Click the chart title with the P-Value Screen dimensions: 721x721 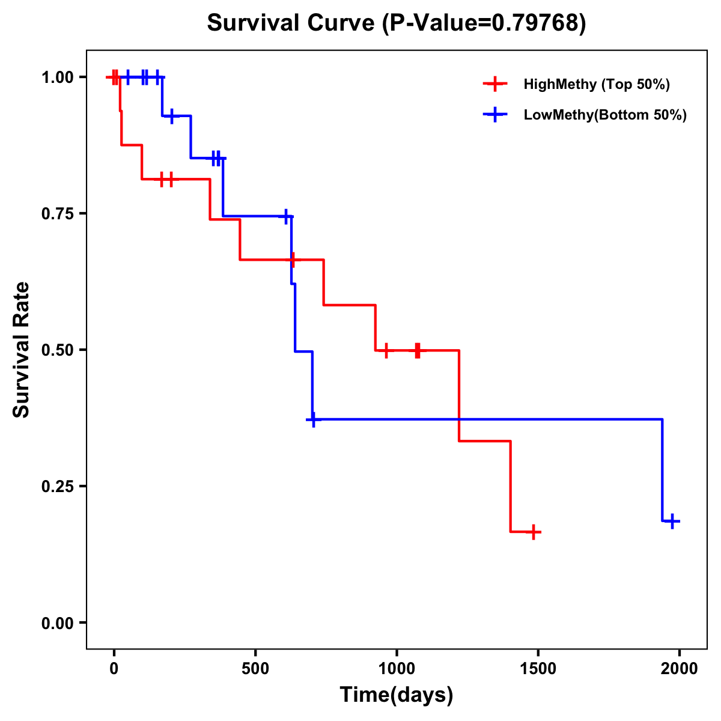coord(396,23)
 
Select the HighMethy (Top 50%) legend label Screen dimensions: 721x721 coord(596,84)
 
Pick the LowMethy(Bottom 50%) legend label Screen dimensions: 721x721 coord(604,115)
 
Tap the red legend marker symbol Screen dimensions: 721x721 coord(494,84)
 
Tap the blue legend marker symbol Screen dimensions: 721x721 coord(494,115)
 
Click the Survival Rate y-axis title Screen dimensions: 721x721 coord(22,350)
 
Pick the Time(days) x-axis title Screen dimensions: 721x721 coord(397,695)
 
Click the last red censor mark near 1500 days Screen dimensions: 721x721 coord(533,532)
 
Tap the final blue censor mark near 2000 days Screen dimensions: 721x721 coord(673,521)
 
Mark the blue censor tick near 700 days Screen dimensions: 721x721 coord(312,419)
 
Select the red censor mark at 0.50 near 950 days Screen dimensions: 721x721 coord(386,350)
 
